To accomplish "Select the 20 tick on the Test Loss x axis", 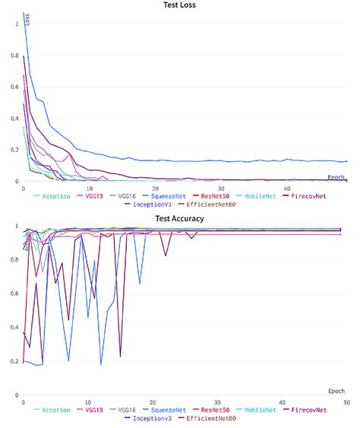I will tap(155, 188).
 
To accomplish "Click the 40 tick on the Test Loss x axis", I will tap(286, 188).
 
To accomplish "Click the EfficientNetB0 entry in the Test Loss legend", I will tap(221, 205).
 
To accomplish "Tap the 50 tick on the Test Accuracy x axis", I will tap(346, 401).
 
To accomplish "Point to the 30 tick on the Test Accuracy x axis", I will tap(218, 401).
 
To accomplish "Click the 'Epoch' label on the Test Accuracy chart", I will tap(336, 391).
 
